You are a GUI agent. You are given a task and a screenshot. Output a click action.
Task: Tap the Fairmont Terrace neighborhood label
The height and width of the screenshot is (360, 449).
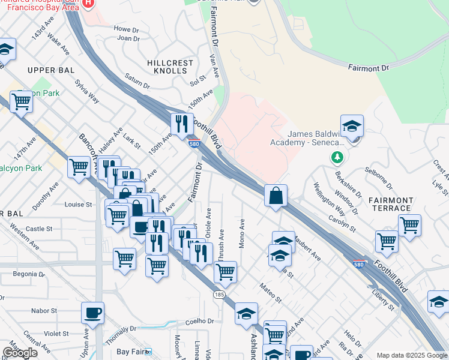point(387,205)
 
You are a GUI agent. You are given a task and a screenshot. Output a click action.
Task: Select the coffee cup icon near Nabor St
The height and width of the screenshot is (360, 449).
point(92,313)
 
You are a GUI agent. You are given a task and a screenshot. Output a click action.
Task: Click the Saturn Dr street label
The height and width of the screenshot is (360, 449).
point(136,79)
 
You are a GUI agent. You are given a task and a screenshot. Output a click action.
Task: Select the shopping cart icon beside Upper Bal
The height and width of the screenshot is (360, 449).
point(21,102)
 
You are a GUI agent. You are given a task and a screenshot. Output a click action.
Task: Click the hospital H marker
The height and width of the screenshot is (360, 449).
point(88,3)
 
